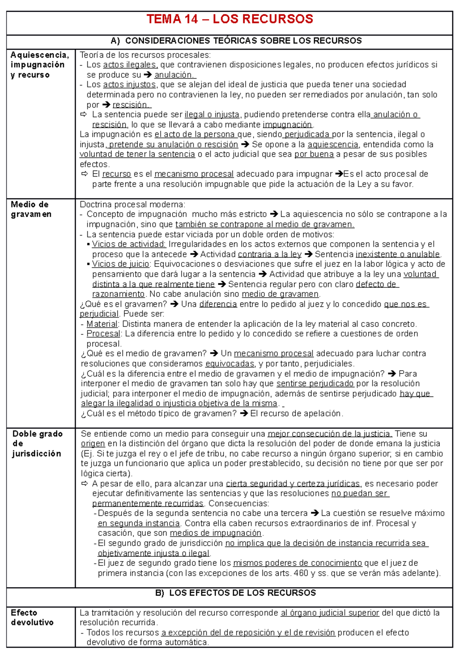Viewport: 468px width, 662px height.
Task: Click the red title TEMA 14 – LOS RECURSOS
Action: tap(230, 19)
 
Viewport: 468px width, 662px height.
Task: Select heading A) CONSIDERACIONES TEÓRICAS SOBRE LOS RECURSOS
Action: tap(236, 41)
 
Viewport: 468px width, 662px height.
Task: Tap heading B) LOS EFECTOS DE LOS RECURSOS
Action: tap(235, 593)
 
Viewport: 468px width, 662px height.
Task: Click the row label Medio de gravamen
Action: tap(31, 209)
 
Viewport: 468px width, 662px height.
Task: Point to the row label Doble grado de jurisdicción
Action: tap(37, 444)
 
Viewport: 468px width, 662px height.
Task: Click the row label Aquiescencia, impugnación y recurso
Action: tap(39, 65)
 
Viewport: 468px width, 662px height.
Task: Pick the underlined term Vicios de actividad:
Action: tap(129, 244)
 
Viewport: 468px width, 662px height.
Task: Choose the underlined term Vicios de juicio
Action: tap(121, 264)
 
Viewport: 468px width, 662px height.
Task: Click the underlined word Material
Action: tap(102, 324)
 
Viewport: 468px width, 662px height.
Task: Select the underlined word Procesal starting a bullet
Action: tap(103, 334)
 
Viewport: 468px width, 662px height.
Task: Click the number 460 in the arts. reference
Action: tap(301, 573)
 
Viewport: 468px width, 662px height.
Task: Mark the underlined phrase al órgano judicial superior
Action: tap(330, 613)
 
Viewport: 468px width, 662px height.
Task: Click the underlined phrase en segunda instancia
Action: tap(139, 523)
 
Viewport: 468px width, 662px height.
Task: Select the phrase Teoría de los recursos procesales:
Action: tap(145, 55)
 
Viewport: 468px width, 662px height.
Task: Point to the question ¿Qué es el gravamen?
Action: tap(124, 304)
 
